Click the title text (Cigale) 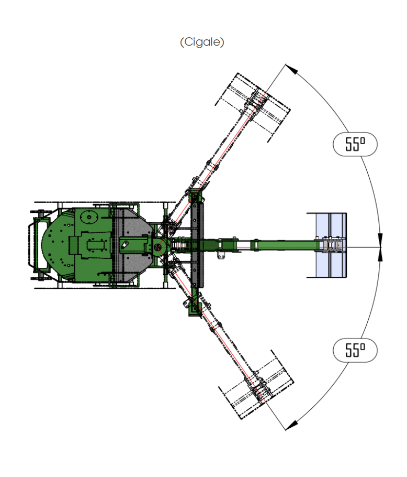pyautogui.click(x=202, y=42)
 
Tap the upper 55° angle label pyautogui.click(x=355, y=144)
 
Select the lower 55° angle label pyautogui.click(x=355, y=350)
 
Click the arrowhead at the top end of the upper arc pyautogui.click(x=292, y=69)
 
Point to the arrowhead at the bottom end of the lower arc pyautogui.click(x=292, y=425)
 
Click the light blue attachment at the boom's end pyautogui.click(x=331, y=245)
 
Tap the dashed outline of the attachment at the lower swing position pyautogui.click(x=256, y=385)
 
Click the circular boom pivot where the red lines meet pyautogui.click(x=157, y=247)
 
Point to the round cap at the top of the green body pyautogui.click(x=89, y=217)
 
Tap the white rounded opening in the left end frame pyautogui.click(x=42, y=245)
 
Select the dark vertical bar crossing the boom pyautogui.click(x=197, y=245)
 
